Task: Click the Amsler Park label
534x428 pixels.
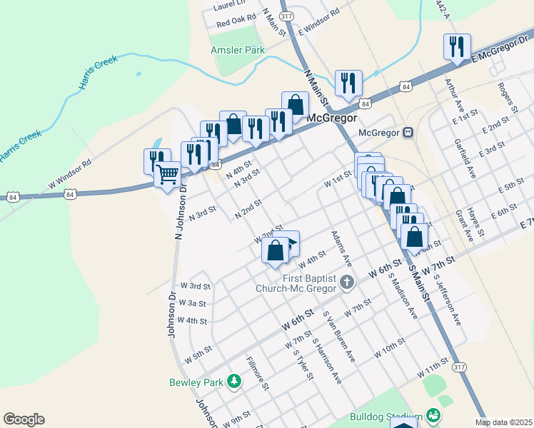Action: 238,50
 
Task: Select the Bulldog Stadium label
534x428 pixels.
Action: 386,417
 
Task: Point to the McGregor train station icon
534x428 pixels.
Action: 408,132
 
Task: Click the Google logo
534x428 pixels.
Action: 24,419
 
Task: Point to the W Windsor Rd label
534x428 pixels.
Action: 71,174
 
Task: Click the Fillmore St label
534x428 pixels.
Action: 257,373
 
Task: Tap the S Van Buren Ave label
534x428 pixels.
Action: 339,337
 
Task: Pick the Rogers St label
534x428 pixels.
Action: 508,97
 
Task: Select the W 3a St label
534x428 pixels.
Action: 193,303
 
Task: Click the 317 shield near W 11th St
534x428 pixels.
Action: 459,367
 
